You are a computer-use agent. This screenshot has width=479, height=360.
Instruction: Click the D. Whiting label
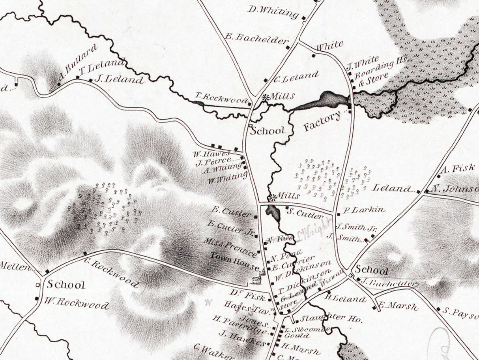pos(273,12)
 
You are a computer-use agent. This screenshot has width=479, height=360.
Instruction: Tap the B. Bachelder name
pos(256,38)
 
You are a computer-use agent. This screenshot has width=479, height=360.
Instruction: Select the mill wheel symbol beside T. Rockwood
pos(266,96)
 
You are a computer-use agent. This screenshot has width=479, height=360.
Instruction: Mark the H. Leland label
pos(346,299)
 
